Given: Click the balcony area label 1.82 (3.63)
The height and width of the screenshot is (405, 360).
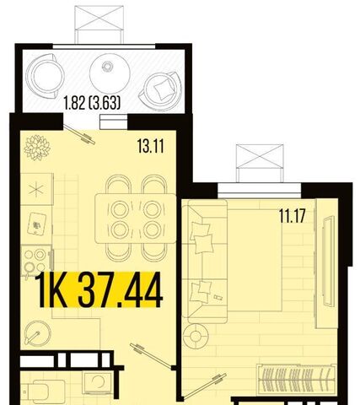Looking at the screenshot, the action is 92,103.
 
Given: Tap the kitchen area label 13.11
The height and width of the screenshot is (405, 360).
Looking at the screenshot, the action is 151,146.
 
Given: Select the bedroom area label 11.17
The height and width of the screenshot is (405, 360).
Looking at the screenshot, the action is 292,216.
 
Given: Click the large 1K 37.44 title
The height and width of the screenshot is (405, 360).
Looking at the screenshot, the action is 99,289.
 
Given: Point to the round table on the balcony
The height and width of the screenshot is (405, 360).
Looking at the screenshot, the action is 110,73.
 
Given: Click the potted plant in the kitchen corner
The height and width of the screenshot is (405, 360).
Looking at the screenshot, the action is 37,148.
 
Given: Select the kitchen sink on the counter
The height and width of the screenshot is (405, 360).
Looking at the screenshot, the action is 37,224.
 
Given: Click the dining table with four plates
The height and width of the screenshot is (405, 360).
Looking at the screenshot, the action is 136,219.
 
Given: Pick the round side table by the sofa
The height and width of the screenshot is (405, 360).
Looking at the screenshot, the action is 196,336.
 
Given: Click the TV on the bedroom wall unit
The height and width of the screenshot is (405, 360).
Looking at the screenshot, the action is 328,261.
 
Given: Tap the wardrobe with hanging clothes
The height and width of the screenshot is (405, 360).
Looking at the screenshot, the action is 297,379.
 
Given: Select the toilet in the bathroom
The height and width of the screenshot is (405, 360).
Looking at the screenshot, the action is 46,391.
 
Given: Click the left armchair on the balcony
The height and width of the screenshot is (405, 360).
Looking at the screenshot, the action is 45,76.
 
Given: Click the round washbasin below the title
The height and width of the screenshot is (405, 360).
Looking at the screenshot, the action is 37,333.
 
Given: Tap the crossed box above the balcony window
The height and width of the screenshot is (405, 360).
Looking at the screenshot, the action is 99,18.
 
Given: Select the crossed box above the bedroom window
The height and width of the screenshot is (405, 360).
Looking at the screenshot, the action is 260,156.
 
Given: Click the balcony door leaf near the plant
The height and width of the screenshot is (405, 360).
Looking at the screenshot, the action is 79,134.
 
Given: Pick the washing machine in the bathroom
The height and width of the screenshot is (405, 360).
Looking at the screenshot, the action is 97,383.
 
